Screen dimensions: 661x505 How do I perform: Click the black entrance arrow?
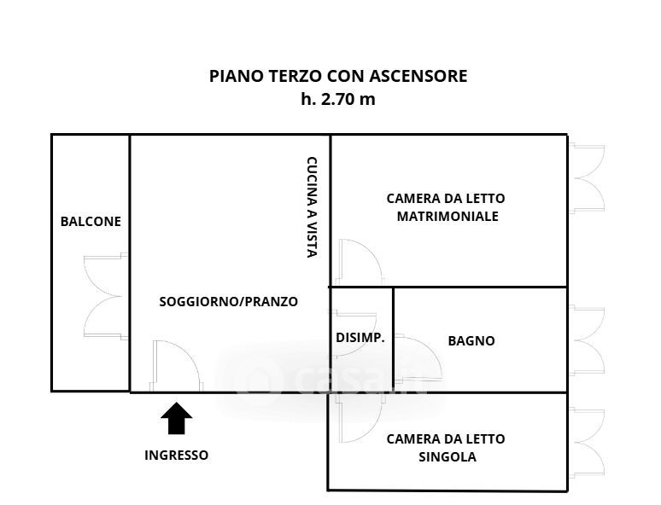pyautogui.click(x=176, y=418)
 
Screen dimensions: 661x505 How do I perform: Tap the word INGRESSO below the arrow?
pyautogui.click(x=176, y=456)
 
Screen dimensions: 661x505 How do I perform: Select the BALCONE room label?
pyautogui.click(x=91, y=222)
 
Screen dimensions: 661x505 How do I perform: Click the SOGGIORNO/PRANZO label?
pyautogui.click(x=229, y=302)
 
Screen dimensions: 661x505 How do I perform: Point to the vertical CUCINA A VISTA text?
pyautogui.click(x=312, y=207)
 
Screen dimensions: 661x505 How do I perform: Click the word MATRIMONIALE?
pyautogui.click(x=447, y=216)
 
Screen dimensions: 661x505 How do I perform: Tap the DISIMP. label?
pyautogui.click(x=360, y=337)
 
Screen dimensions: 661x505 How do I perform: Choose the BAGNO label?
pyautogui.click(x=471, y=340)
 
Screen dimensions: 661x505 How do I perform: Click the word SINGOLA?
pyautogui.click(x=447, y=457)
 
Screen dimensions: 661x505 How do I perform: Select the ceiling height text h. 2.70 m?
pyautogui.click(x=338, y=100)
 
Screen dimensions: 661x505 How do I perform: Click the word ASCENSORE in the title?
pyautogui.click(x=418, y=76)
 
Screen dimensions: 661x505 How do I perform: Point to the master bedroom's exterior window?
pyautogui.click(x=588, y=178)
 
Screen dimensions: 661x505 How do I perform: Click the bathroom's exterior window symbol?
pyautogui.click(x=588, y=340)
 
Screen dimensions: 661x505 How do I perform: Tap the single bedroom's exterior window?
pyautogui.click(x=588, y=443)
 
